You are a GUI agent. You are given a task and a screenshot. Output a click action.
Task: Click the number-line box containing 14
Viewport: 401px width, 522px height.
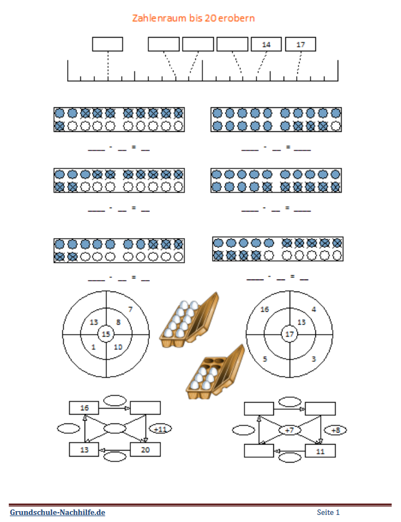266,44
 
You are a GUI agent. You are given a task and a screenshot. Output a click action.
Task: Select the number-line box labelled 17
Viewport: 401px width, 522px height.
300,44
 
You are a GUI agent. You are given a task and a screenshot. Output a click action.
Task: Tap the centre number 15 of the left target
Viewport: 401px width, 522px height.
106,334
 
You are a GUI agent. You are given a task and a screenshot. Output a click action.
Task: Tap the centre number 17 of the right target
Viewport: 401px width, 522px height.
290,334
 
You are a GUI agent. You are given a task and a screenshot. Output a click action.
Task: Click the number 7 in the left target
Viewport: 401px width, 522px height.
130,309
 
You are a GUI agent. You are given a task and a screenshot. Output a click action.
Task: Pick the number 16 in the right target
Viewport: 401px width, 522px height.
265,309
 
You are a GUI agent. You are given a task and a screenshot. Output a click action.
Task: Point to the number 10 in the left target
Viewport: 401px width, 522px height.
118,347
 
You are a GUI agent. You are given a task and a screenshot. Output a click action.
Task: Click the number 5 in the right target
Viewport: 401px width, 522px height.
265,359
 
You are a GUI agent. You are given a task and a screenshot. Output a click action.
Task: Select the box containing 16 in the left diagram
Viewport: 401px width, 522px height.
84,408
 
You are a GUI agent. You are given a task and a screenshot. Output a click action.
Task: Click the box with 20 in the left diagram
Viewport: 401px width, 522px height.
145,450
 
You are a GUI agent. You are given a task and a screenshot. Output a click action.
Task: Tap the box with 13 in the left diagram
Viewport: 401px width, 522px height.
84,450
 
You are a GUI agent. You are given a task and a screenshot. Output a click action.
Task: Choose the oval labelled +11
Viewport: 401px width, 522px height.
160,429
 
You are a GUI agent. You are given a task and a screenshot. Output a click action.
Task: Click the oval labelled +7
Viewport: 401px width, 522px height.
289,430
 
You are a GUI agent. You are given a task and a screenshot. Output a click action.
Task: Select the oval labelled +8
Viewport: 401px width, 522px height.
336,430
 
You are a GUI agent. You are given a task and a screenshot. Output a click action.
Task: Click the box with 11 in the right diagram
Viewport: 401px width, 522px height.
320,451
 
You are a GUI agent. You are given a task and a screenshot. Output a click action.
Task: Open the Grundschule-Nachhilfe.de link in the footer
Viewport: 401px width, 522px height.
57,512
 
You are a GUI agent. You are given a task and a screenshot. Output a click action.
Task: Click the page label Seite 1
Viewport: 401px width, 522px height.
328,512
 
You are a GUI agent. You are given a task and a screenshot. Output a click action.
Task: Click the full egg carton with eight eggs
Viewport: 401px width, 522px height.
189,320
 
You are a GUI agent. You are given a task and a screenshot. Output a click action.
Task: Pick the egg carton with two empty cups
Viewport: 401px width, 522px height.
216,372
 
